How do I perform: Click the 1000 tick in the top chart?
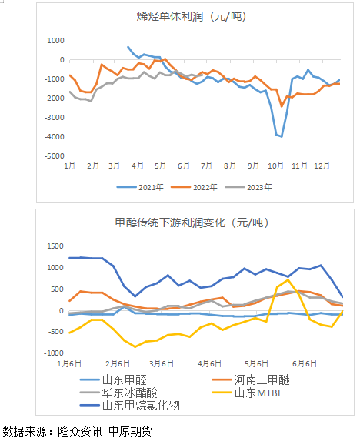[x=55, y=40]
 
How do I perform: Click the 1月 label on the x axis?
[x=69, y=166]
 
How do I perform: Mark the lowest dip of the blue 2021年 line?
[x=281, y=136]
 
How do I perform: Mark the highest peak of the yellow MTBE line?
[x=288, y=280]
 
